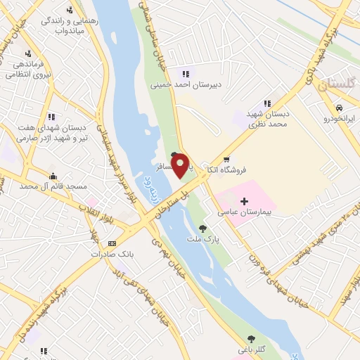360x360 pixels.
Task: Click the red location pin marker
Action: coord(180,165)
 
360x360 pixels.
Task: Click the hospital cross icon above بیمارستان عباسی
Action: coord(244,201)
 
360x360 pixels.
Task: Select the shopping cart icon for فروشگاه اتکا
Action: coord(226,159)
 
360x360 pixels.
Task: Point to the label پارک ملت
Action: coord(203,239)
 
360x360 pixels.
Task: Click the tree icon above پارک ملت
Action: coord(203,229)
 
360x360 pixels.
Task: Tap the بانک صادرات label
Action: coord(97,253)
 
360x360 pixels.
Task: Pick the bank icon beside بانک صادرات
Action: coord(112,243)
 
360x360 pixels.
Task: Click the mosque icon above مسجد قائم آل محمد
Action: coord(53,176)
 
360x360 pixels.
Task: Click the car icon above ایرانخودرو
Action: coord(340,108)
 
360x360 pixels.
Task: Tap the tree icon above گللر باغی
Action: coord(251,339)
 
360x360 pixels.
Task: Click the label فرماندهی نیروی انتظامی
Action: coord(28,68)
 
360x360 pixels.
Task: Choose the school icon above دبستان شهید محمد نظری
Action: coord(267,103)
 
